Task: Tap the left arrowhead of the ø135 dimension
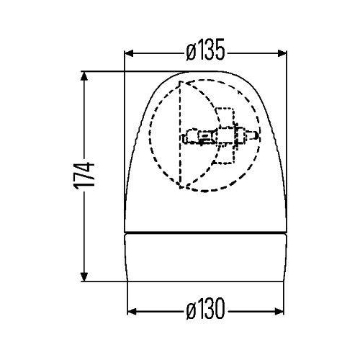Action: coord(130,52)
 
